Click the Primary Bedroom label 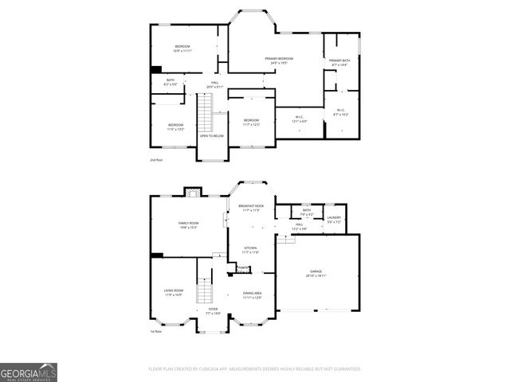point(280,60)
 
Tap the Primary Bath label point(339,61)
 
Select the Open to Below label point(212,136)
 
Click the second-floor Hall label point(215,84)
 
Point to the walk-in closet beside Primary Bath point(340,111)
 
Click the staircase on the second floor point(206,113)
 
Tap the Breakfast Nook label point(251,208)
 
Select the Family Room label point(188,224)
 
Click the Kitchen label point(251,250)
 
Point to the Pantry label point(244,268)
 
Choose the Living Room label point(174,294)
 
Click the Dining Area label point(253,295)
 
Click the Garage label point(316,273)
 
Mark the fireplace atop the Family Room point(191,191)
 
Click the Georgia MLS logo point(28,372)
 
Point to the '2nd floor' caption point(156,160)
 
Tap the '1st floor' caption point(156,332)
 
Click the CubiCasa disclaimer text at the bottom point(255,369)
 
